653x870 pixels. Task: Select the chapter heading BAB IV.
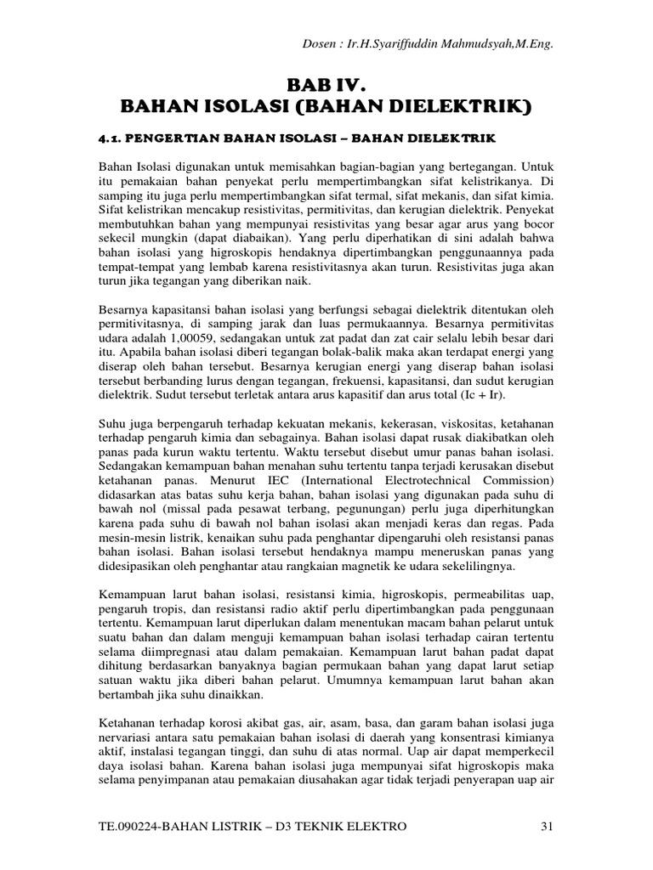click(x=326, y=84)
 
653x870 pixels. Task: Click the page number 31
click(x=548, y=826)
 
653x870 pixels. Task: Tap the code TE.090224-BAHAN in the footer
click(x=152, y=826)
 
